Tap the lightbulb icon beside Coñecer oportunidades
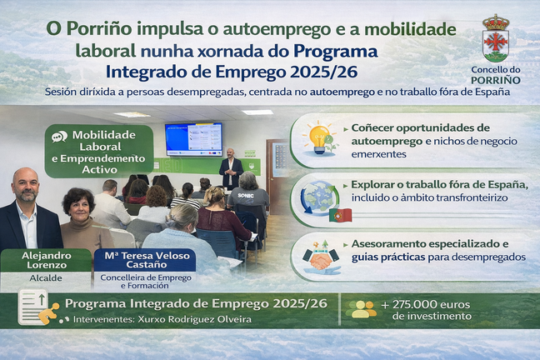point(319,136)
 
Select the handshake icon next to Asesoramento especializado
point(320,256)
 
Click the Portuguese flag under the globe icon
point(341,215)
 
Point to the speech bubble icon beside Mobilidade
point(59,137)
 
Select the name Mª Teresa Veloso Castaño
point(144,260)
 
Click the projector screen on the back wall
point(193,138)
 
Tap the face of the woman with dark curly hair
point(79,206)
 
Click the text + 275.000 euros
point(426,303)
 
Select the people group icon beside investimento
point(361,309)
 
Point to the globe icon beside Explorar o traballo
point(319,197)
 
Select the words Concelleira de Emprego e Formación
point(145,281)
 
